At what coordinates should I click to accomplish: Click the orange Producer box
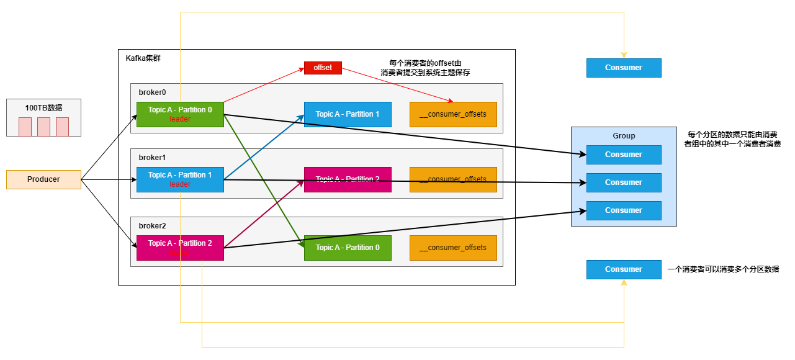(x=43, y=179)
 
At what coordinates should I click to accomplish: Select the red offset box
(x=323, y=68)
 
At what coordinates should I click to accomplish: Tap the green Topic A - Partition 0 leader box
(x=180, y=114)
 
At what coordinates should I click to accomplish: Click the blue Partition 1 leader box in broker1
(x=180, y=179)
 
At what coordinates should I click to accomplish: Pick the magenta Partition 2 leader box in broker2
(x=180, y=248)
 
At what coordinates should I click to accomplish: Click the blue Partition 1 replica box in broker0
(x=348, y=114)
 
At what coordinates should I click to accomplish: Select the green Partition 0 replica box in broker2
(x=348, y=248)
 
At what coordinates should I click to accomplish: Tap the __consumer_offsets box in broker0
(x=453, y=114)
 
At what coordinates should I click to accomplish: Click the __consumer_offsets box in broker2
(x=453, y=248)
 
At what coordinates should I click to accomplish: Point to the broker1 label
(x=152, y=158)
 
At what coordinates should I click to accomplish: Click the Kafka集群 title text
(x=144, y=58)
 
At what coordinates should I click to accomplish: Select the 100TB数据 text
(x=43, y=107)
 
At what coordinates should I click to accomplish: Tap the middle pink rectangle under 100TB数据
(x=43, y=127)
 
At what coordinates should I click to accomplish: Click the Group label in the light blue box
(x=624, y=136)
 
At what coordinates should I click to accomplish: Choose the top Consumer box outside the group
(x=624, y=68)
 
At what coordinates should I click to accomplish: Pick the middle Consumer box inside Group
(x=624, y=182)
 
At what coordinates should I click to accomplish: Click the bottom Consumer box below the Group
(x=624, y=269)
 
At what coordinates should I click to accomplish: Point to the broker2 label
(x=152, y=226)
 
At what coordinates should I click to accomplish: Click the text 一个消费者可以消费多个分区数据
(x=723, y=269)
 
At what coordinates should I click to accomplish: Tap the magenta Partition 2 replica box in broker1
(x=348, y=179)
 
